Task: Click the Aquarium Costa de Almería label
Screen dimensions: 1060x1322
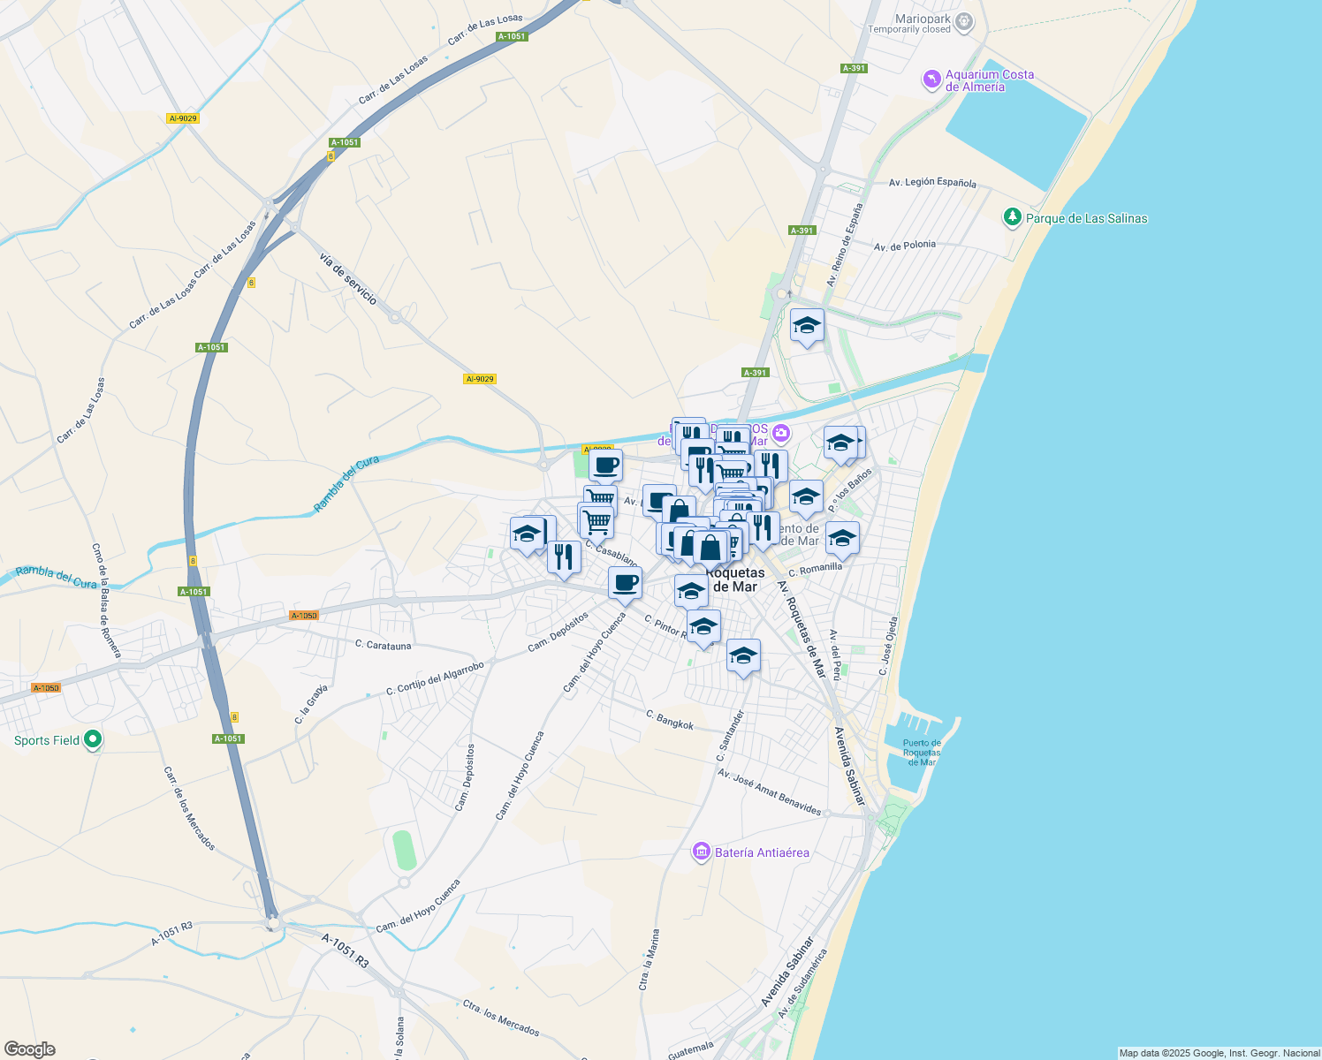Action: [x=989, y=80]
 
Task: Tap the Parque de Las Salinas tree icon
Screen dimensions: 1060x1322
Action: [x=1012, y=217]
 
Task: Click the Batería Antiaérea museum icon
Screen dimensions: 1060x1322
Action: [x=702, y=852]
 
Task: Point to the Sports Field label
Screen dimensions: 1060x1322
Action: [x=47, y=740]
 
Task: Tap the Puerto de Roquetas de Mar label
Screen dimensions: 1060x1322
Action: [x=922, y=753]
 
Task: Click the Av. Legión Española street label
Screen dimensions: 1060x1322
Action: [x=932, y=183]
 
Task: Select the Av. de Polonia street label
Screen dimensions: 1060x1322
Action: [x=904, y=246]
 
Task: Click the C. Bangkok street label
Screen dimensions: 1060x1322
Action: [x=670, y=720]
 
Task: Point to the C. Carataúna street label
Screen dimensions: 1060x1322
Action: [x=383, y=646]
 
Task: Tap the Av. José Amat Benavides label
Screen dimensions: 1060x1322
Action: [x=770, y=792]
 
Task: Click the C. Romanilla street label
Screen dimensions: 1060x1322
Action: [x=815, y=569]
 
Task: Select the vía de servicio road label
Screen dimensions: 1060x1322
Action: [x=348, y=278]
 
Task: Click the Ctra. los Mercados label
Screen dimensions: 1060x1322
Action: [x=500, y=1018]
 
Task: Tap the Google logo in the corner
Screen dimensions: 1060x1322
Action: [x=29, y=1049]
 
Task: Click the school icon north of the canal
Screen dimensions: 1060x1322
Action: [x=807, y=327]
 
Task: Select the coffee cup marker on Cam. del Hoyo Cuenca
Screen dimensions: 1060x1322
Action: [x=625, y=583]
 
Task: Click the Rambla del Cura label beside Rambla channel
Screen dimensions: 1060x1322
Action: [x=346, y=484]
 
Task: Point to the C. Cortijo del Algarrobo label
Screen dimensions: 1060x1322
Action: [x=435, y=678]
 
